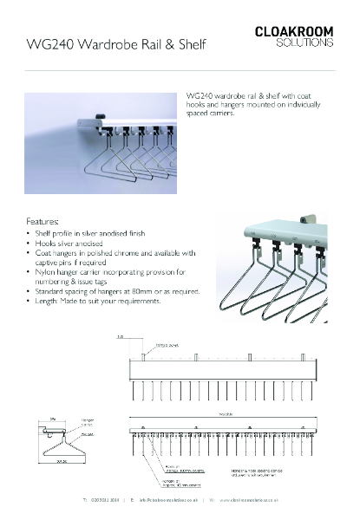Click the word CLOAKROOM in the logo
coord(295,30)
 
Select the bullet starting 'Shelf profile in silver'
coord(90,234)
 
